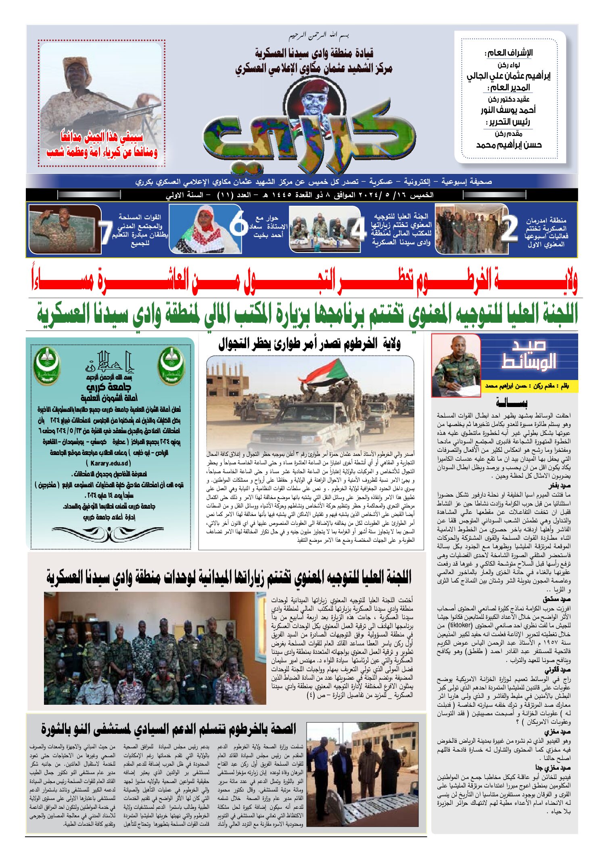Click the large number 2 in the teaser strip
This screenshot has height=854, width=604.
[509, 229]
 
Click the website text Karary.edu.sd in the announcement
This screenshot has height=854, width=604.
[109, 463]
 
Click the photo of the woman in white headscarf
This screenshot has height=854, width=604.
[206, 229]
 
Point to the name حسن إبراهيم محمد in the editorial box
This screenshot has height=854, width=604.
[509, 145]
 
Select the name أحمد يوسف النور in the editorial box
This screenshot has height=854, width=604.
[508, 110]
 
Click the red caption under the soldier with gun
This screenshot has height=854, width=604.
[102, 145]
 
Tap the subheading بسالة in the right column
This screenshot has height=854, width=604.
[511, 403]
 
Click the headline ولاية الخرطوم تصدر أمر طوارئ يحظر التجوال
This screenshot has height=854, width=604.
[309, 344]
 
